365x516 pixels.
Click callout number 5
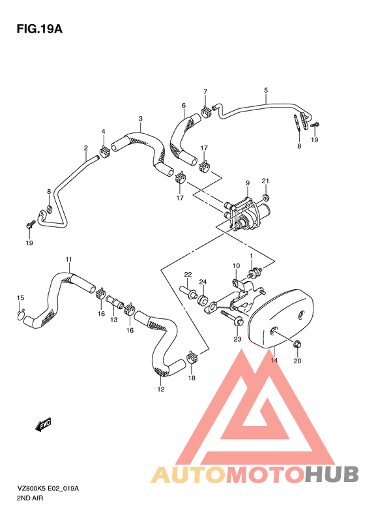tap(266, 90)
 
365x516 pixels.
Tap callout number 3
tap(140, 119)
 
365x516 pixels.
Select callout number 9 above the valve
tap(248, 183)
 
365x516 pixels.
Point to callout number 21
tap(265, 181)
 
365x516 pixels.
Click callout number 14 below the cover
tap(274, 360)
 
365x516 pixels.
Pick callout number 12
tap(161, 389)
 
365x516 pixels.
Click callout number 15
tap(20, 298)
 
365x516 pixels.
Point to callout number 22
tap(187, 274)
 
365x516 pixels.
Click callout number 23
tap(237, 339)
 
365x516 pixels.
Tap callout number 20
tap(297, 360)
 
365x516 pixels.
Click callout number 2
tap(85, 148)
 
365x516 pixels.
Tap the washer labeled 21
tap(267, 198)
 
